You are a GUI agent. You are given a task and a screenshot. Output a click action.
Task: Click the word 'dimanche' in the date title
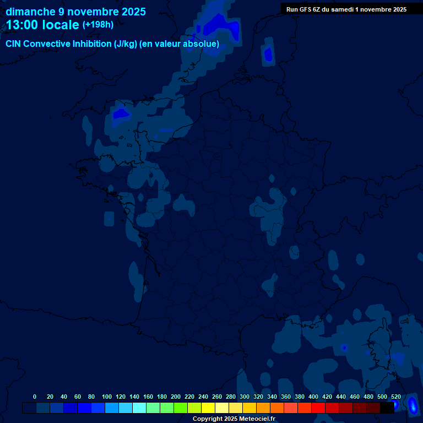pos(30,12)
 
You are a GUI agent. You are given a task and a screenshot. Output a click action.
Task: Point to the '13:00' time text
pos(22,25)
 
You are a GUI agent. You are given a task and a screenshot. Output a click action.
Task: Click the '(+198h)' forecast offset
pos(97,25)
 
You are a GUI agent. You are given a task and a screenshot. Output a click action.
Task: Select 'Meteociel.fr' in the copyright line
pos(257,419)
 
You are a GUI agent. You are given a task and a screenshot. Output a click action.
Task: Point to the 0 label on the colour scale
pos(35,397)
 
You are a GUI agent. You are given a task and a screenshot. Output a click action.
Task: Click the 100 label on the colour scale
pos(106,397)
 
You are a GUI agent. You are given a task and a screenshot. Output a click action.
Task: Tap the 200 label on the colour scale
pos(176,397)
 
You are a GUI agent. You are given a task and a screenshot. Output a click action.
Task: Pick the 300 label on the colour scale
pos(245,397)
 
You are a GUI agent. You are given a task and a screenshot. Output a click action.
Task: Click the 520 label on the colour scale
pos(395,397)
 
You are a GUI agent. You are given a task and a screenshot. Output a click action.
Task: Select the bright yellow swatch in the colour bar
pos(208,408)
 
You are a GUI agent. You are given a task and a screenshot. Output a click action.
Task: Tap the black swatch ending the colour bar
pos(387,408)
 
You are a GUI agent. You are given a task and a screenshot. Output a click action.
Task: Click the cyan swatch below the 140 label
pos(139,408)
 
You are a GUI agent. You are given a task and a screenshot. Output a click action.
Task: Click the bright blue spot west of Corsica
pos(344,348)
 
